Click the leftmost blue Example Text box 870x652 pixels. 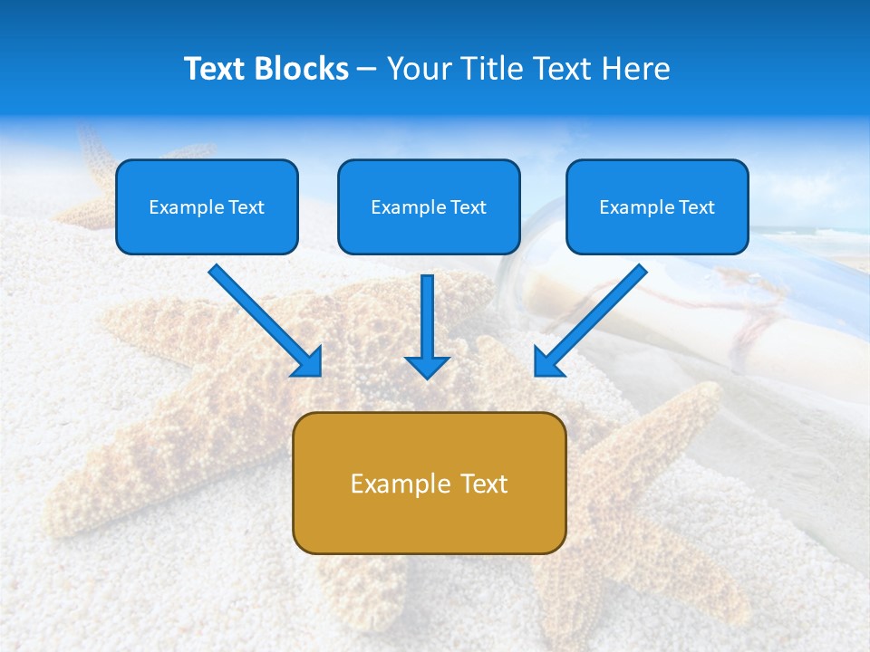pyautogui.click(x=207, y=206)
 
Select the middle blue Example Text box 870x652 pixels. pyautogui.click(x=429, y=206)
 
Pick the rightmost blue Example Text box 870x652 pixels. pyautogui.click(x=657, y=206)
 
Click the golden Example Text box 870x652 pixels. pyautogui.click(x=429, y=483)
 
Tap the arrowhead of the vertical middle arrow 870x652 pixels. pyautogui.click(x=427, y=366)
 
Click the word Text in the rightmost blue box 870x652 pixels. pyautogui.click(x=696, y=207)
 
